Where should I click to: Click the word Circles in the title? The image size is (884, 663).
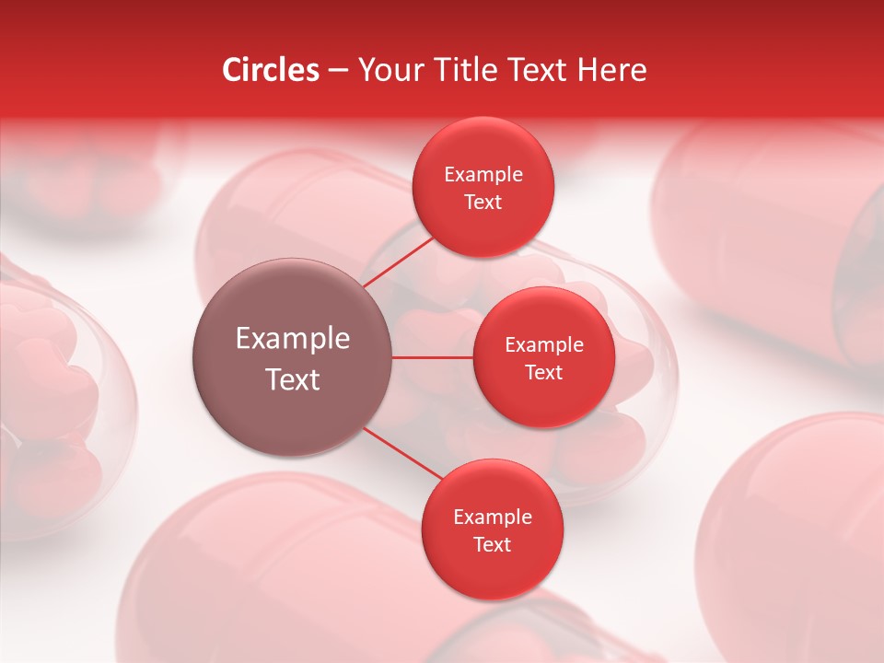pos(270,70)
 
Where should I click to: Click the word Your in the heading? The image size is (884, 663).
pos(388,70)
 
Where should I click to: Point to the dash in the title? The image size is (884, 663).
pos(338,71)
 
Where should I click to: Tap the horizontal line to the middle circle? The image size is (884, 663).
pos(433,357)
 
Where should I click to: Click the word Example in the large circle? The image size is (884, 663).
pos(293,339)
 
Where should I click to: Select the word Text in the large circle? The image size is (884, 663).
pos(293,379)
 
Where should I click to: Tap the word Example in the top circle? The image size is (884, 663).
pos(483,175)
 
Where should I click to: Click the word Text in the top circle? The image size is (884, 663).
pos(483,202)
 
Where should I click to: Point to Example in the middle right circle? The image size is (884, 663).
pos(544,345)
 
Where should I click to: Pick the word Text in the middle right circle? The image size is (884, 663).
pos(544,372)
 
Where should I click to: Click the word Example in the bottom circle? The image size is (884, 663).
pos(493,518)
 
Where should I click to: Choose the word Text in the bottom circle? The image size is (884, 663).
pos(493,544)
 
